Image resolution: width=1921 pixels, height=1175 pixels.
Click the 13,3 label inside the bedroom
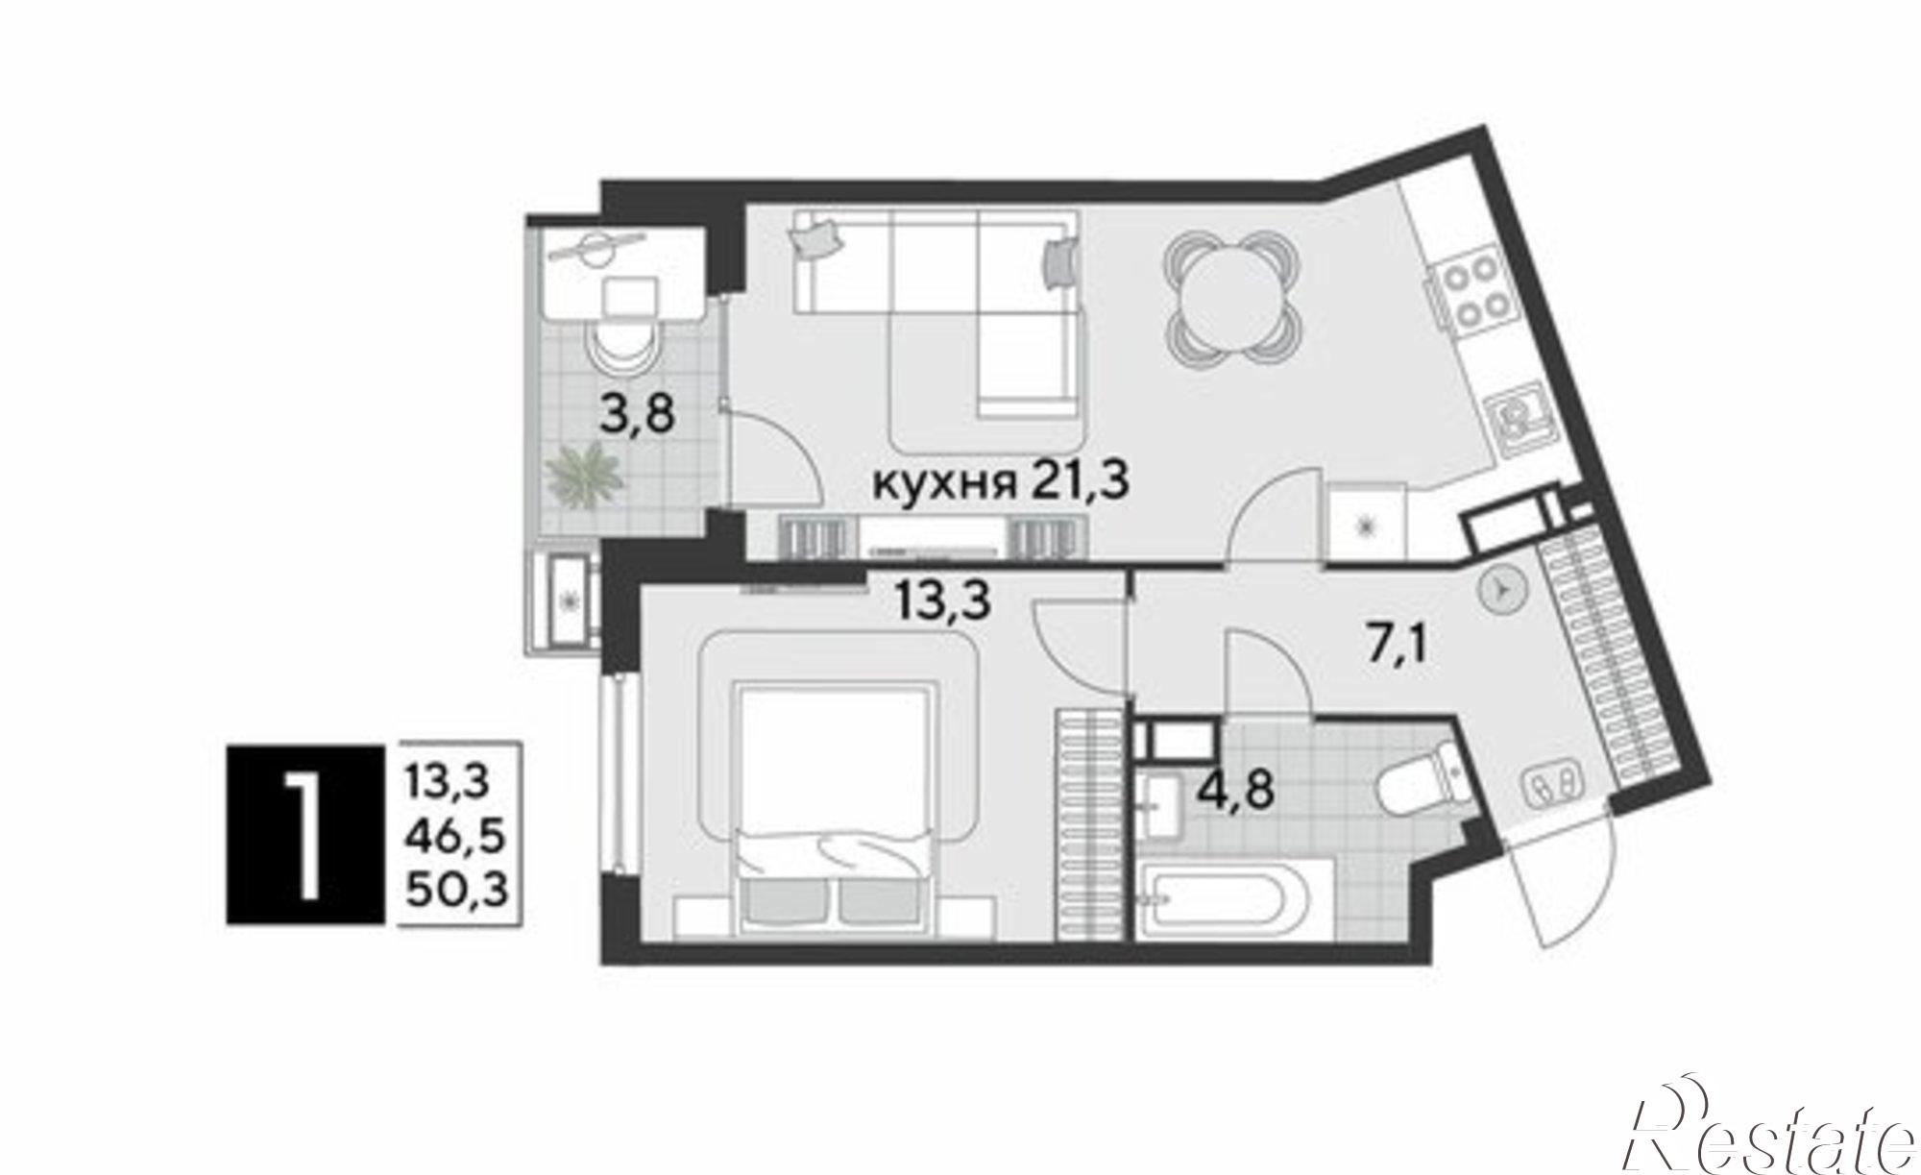(941, 601)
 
